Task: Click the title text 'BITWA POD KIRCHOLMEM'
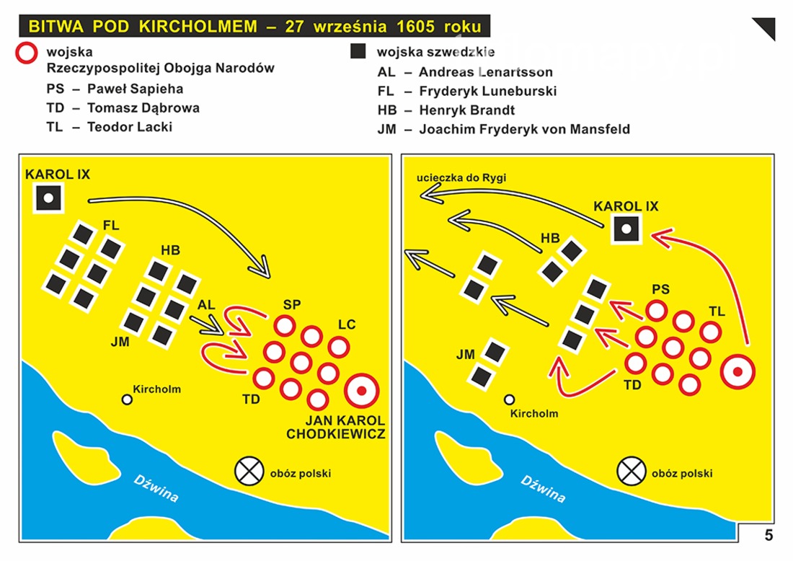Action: (143, 26)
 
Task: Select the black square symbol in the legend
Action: (358, 51)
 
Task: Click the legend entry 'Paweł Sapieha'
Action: (115, 89)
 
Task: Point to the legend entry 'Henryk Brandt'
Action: (446, 110)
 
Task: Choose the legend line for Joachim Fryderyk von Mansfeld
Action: (504, 130)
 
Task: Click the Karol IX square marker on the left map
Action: (48, 198)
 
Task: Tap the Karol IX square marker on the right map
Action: (626, 229)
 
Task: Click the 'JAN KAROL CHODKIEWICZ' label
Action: (336, 427)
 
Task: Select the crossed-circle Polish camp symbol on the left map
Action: (249, 471)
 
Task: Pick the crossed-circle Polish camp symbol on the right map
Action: (632, 471)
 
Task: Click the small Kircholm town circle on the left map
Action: (127, 399)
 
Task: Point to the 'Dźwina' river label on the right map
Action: (543, 489)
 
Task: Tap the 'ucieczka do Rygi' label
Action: (461, 177)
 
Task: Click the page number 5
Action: (768, 535)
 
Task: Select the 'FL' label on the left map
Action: (111, 226)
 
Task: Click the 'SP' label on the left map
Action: (292, 304)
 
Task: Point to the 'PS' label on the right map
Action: (660, 289)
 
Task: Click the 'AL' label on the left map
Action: (206, 305)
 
